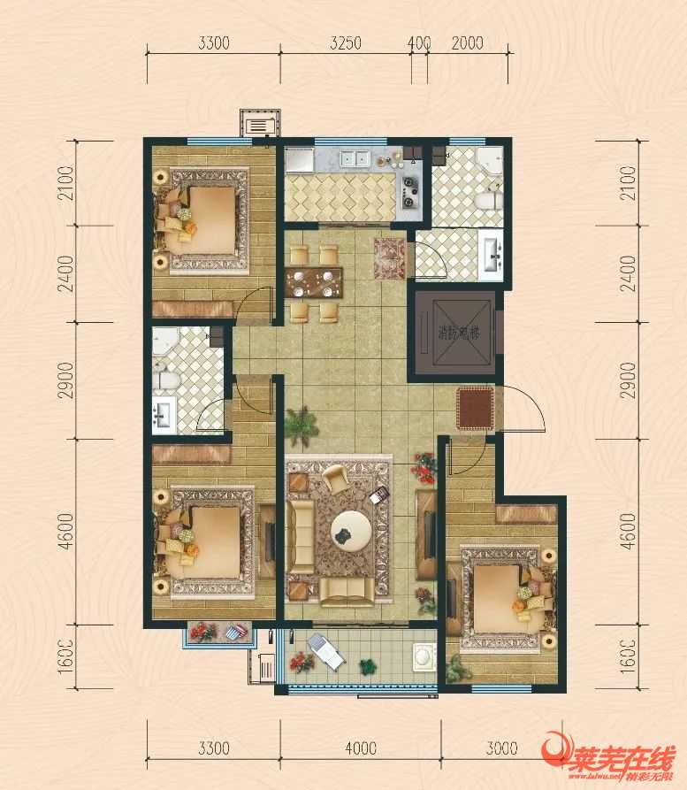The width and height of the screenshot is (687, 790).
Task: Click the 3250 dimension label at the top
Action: point(347,42)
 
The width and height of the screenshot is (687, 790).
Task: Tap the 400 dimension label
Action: point(419,42)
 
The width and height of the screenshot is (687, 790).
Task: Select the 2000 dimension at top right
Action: point(468,42)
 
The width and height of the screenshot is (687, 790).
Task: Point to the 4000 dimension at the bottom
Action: point(362,749)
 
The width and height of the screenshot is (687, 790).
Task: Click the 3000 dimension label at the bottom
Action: point(502,749)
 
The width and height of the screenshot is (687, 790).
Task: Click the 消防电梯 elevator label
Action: point(458,334)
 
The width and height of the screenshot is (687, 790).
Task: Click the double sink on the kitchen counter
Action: point(357,159)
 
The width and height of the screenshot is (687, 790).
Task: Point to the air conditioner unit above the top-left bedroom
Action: point(261,125)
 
